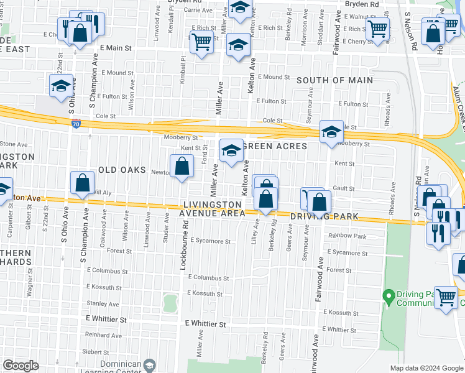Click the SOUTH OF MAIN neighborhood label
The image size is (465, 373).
(334, 80)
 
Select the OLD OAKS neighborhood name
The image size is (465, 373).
(121, 170)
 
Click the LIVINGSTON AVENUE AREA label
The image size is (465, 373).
(212, 209)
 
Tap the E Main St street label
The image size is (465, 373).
(114, 47)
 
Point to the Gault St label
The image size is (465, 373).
(344, 188)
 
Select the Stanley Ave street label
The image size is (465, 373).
(103, 304)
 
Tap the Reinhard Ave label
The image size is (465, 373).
(103, 335)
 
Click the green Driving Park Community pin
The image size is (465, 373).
(389, 294)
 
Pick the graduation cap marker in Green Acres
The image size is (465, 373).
(231, 150)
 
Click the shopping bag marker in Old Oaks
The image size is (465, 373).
(182, 166)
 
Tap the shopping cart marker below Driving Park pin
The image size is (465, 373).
(446, 298)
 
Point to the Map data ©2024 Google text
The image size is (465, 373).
(426, 368)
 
